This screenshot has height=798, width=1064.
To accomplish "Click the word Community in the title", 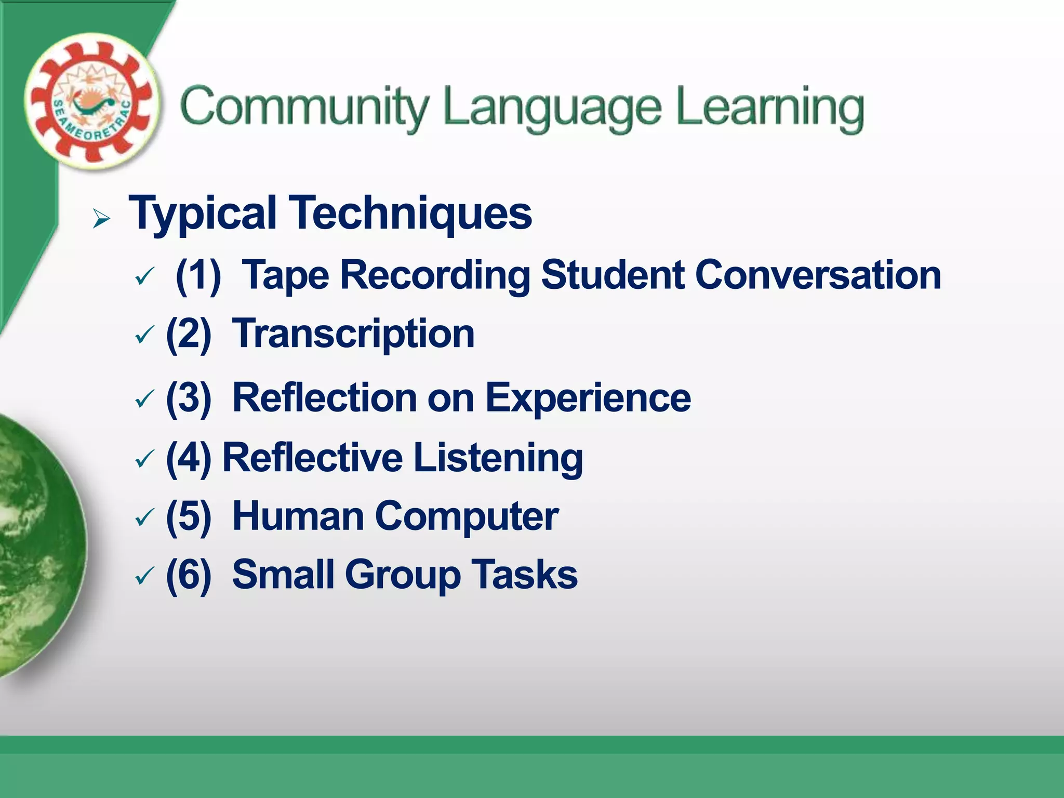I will (x=304, y=108).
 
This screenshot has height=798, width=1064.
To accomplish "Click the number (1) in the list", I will (x=198, y=275).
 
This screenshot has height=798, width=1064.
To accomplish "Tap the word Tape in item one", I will (x=285, y=275).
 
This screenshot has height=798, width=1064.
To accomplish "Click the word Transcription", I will (x=353, y=334).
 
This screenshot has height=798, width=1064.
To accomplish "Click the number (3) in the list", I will (x=189, y=398).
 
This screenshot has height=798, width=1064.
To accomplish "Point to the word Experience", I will (x=588, y=398).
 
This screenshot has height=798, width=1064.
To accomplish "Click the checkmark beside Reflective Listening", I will (x=144, y=459).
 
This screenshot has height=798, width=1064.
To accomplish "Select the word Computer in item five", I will (x=466, y=517).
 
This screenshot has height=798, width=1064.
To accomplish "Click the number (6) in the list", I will (x=189, y=575).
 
